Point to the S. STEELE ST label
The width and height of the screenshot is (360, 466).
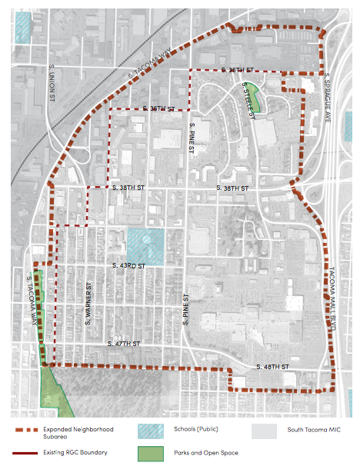click(248, 99)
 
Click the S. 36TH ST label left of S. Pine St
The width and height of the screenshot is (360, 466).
click(148, 109)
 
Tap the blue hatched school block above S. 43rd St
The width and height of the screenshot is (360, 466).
click(145, 246)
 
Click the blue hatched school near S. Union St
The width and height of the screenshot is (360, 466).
click(23, 27)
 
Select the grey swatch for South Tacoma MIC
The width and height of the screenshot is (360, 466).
click(264, 433)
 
